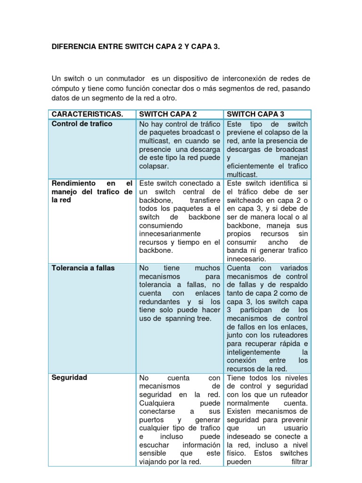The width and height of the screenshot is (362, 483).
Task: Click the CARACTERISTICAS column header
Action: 87,114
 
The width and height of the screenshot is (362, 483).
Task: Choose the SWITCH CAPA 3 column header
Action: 255,114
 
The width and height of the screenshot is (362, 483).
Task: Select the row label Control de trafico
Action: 82,124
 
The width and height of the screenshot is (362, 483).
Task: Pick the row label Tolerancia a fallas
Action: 83,268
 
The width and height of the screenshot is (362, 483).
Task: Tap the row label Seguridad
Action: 69,378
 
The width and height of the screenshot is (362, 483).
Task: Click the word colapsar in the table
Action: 154,166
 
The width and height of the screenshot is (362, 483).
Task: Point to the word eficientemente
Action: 254,166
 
